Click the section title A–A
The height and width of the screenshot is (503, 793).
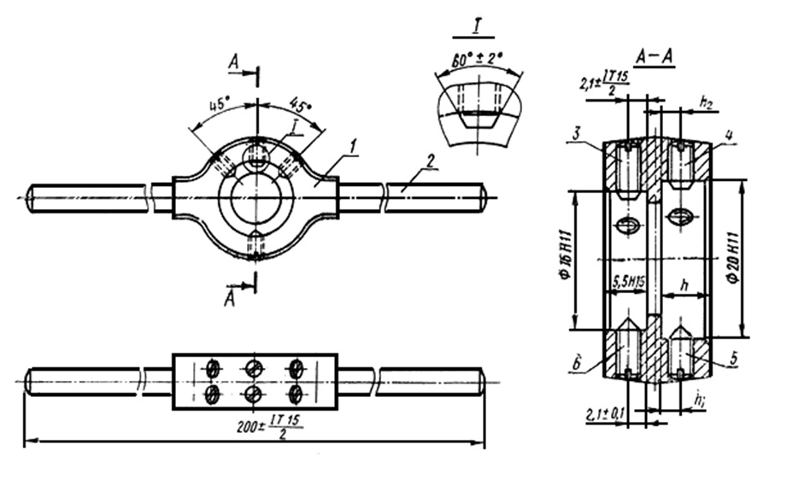pyautogui.click(x=655, y=56)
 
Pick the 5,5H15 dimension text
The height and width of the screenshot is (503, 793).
pyautogui.click(x=628, y=279)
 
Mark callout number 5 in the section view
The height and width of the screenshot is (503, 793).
pyautogui.click(x=732, y=361)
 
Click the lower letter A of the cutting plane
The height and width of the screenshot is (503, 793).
pyautogui.click(x=230, y=299)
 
